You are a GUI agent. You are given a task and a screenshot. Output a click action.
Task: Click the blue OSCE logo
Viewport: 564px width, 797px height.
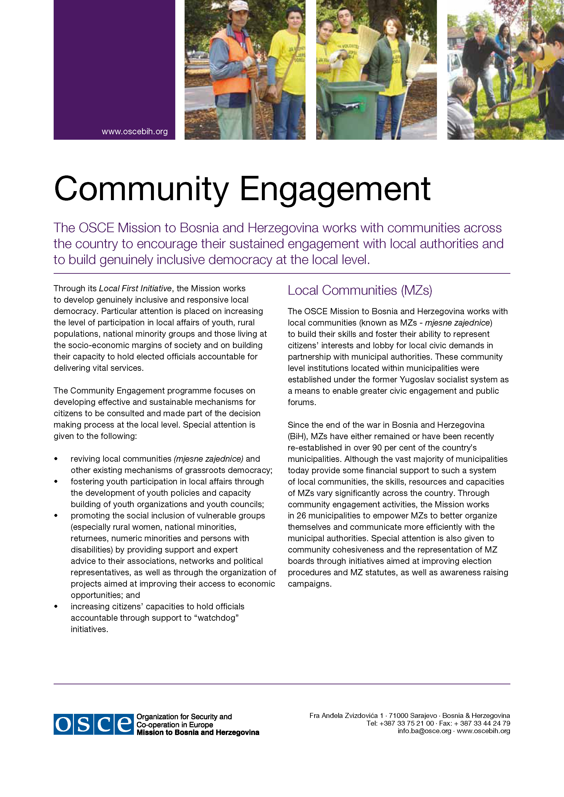click(93, 725)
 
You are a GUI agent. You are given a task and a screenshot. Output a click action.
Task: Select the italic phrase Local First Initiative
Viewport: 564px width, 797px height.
click(135, 289)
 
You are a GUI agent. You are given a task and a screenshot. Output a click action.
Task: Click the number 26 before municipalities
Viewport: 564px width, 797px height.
click(301, 516)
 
